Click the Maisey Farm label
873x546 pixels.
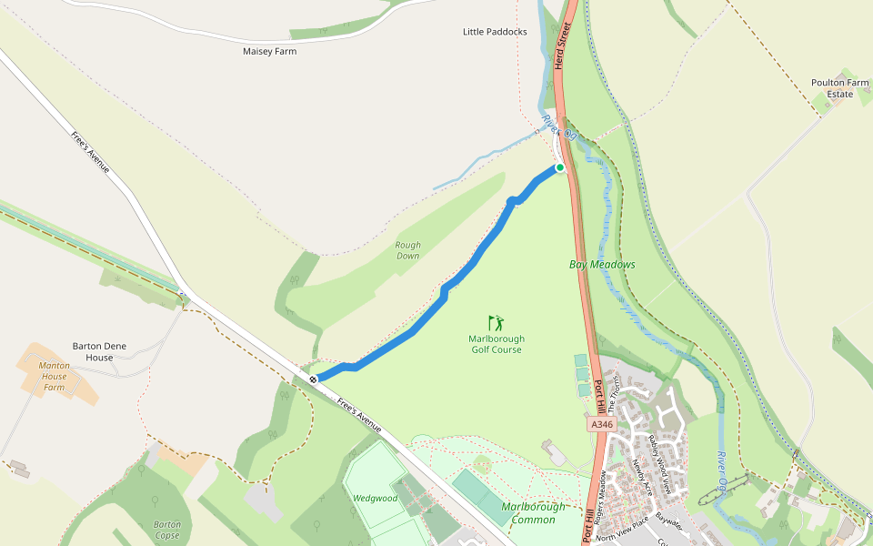269,51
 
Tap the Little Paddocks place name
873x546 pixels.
495,32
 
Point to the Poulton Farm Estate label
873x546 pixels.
839,88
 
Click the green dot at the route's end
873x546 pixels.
560,167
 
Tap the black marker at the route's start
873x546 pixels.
313,379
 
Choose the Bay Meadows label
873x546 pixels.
602,264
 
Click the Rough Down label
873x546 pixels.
407,250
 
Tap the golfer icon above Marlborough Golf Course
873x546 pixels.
496,323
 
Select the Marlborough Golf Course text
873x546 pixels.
496,344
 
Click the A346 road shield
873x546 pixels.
602,424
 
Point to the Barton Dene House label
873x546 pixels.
100,351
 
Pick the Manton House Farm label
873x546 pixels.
54,376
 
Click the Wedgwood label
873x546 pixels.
376,498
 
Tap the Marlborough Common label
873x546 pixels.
533,512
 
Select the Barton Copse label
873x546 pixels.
167,529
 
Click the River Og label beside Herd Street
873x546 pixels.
559,127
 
